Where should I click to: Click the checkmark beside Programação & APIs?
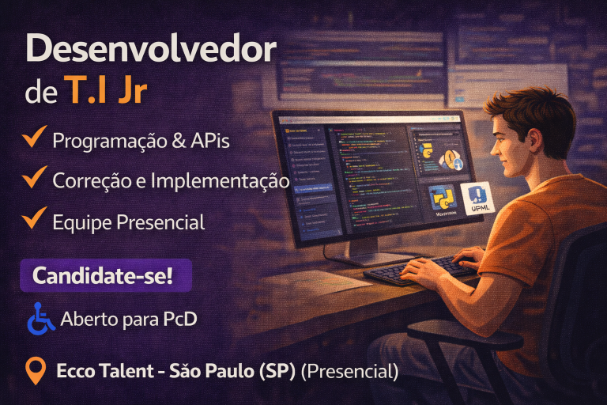click(33, 139)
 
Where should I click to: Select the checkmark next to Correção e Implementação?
click(33, 178)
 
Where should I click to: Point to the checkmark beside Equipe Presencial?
click(33, 219)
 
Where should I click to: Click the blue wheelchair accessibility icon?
click(40, 320)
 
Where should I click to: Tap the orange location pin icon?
click(36, 369)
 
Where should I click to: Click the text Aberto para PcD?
click(128, 320)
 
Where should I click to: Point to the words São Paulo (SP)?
click(232, 370)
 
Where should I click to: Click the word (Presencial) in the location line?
click(348, 370)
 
